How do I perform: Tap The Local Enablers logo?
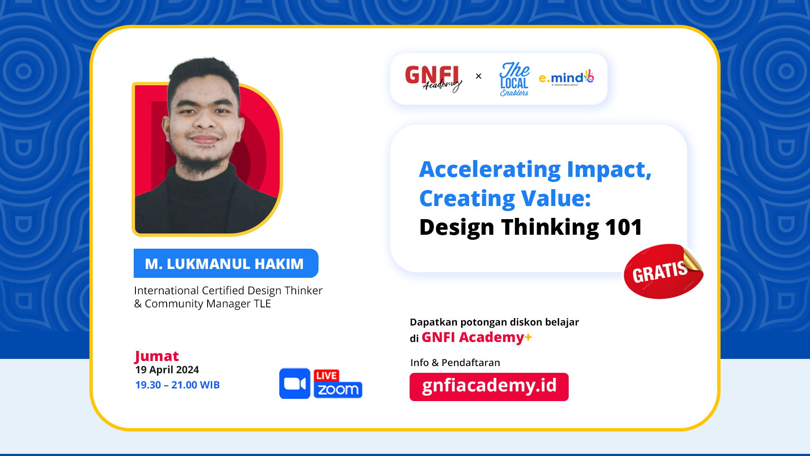(514, 79)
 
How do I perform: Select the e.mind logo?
(567, 78)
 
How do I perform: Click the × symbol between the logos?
(478, 76)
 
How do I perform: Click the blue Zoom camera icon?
(295, 384)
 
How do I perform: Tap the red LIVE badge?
(327, 375)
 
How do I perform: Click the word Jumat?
(157, 356)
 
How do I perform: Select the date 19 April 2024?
(167, 370)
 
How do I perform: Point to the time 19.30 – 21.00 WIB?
(177, 385)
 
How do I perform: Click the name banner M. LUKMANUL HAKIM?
(226, 263)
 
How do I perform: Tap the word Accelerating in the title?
(490, 170)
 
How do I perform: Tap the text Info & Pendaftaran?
(455, 363)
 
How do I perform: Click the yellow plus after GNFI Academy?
(528, 337)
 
